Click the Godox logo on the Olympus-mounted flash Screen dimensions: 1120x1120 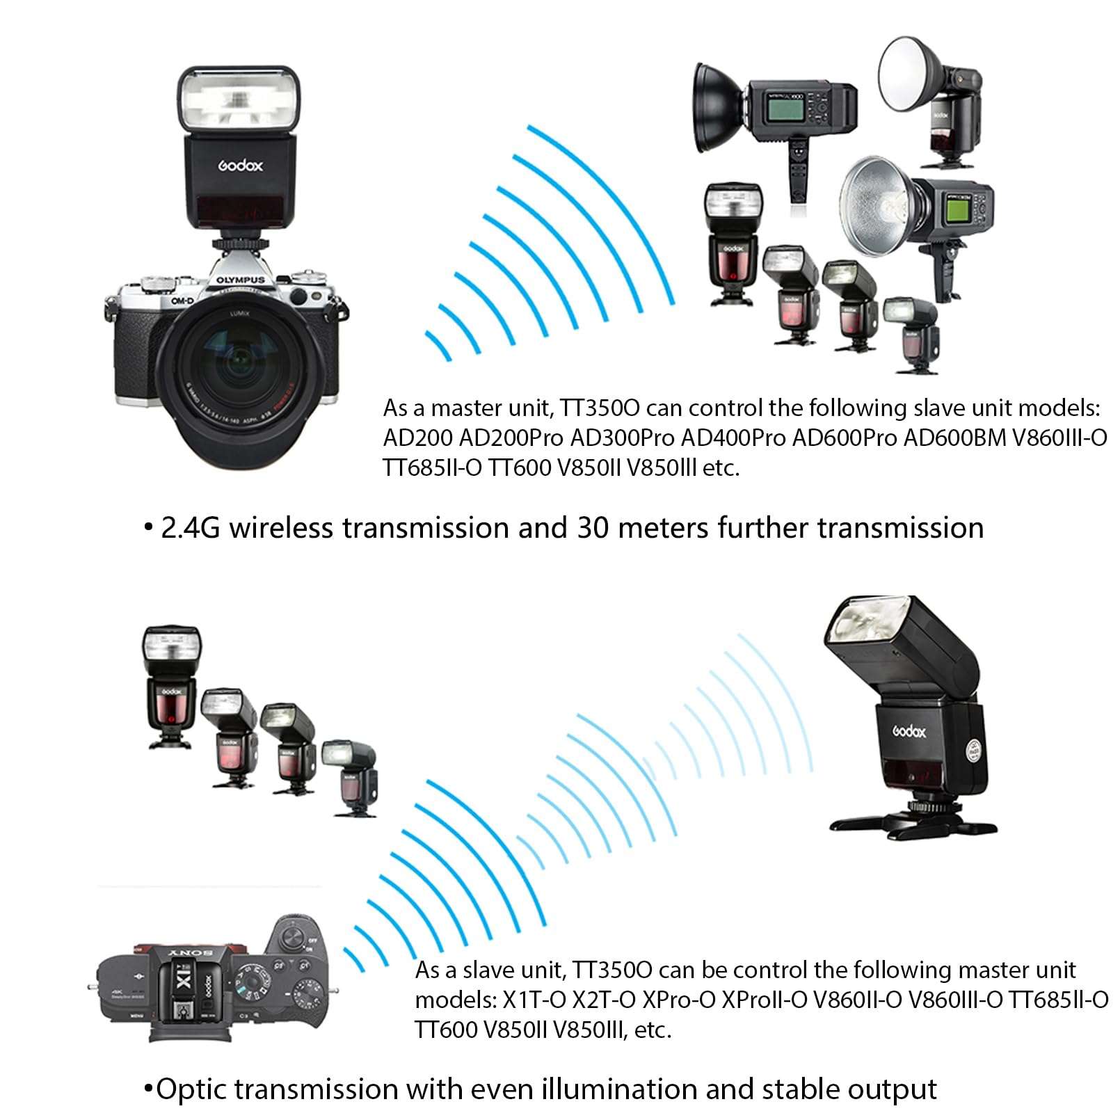(x=241, y=166)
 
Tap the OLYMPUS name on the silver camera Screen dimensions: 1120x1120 (x=240, y=280)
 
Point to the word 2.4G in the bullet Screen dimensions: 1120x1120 (x=190, y=528)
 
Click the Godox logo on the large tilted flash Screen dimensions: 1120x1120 (x=909, y=731)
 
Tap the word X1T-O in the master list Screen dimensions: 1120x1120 (x=534, y=1000)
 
